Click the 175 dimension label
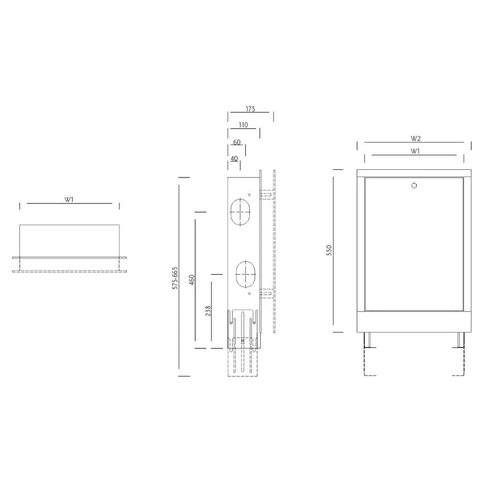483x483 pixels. coord(250,109)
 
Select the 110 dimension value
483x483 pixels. coord(243,125)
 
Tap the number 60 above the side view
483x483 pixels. coord(237,142)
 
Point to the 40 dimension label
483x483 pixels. coord(234,159)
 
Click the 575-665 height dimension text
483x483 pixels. coord(175,278)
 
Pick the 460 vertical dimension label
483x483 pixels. coord(191,280)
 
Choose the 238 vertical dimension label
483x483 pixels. coord(208,311)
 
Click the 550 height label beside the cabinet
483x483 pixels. coord(329,250)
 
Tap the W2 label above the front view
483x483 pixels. coord(416,138)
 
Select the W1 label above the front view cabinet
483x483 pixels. coord(415,151)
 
